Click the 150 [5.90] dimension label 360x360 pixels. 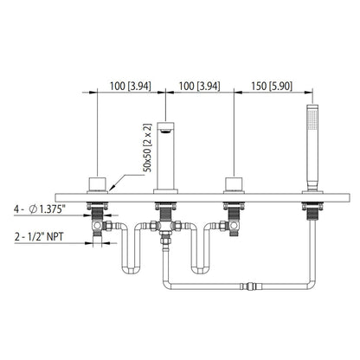click(x=273, y=87)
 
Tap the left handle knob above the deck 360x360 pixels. click(x=96, y=183)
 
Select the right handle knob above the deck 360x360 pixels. click(x=233, y=183)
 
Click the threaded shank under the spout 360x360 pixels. click(x=164, y=209)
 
